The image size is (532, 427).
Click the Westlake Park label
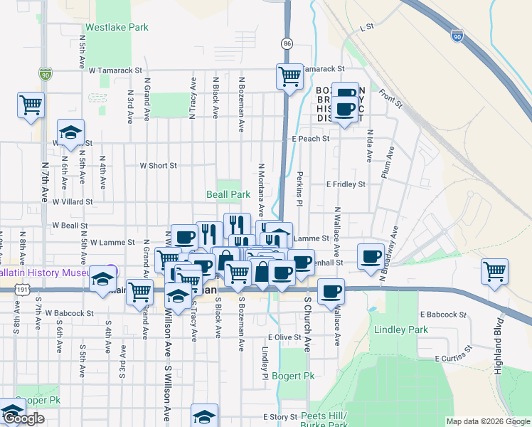(117, 28)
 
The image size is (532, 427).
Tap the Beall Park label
(228, 194)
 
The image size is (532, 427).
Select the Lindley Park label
(401, 330)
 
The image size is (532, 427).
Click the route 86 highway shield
(287, 43)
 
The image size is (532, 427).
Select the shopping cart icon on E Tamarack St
(289, 75)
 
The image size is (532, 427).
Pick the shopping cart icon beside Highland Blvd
(494, 271)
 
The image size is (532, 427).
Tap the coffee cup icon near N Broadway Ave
(371, 256)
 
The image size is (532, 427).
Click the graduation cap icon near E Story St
(204, 416)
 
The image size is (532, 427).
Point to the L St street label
(367, 27)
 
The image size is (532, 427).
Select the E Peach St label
(310, 139)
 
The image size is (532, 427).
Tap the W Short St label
(158, 165)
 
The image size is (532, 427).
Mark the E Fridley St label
(346, 184)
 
